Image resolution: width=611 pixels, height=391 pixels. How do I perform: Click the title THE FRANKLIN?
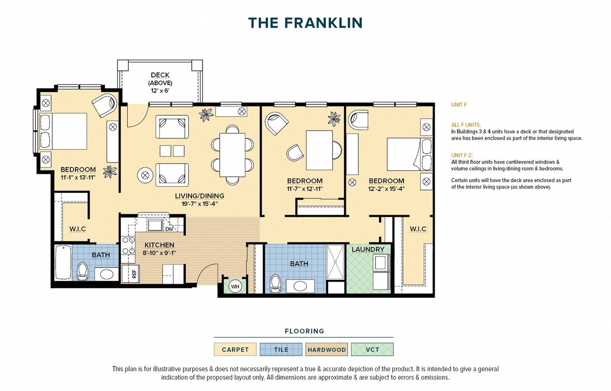tap(305, 23)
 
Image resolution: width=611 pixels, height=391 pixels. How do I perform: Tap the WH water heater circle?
tap(235, 287)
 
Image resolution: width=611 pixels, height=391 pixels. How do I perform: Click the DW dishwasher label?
tap(169, 228)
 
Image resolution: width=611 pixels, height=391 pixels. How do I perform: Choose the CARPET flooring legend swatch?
tap(235, 350)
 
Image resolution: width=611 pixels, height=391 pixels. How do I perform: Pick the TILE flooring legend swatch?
tap(281, 350)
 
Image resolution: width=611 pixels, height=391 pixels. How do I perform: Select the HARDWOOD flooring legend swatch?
tap(327, 350)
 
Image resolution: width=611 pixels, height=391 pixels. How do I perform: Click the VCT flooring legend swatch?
tap(373, 350)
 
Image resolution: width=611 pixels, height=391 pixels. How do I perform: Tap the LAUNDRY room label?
tap(368, 250)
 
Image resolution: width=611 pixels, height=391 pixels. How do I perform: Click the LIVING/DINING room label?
tap(199, 196)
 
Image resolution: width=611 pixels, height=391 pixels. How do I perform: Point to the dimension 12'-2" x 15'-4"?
tap(387, 189)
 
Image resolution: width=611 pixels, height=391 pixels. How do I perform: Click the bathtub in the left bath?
tap(63, 262)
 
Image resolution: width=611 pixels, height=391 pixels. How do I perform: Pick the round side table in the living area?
tap(145, 175)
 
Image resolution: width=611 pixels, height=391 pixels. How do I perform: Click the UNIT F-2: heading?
tap(462, 155)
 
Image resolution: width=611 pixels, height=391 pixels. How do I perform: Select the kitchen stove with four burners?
tap(128, 249)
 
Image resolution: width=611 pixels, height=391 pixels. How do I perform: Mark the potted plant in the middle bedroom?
tap(335, 118)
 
